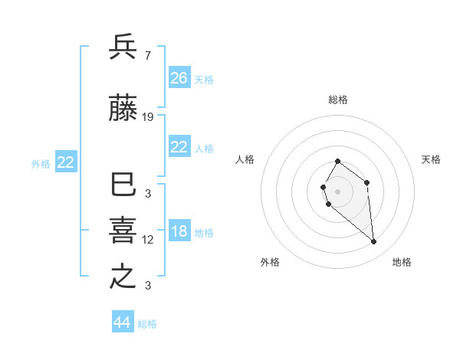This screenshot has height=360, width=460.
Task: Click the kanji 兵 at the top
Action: point(123,47)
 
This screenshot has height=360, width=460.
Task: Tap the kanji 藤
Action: point(123,110)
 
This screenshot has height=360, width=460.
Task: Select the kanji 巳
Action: point(123,185)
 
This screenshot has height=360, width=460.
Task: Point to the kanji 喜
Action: point(123,231)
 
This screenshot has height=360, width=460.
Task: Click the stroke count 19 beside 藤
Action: point(148,117)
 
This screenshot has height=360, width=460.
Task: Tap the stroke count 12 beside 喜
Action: point(148,240)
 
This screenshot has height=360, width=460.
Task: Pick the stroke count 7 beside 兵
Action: point(147,55)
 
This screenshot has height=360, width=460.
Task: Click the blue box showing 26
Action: point(179,78)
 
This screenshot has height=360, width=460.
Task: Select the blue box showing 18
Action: point(179,232)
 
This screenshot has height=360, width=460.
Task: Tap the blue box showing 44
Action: point(123,322)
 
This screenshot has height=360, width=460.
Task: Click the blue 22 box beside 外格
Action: point(66,162)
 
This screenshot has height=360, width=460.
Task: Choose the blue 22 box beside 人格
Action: point(179,147)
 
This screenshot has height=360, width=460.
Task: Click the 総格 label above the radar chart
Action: point(338,100)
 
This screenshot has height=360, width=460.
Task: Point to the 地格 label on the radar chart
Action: point(402,262)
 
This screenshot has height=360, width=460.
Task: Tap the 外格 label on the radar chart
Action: point(270,262)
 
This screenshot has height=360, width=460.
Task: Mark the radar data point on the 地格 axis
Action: point(374,242)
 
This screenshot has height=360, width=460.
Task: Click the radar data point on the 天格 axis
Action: point(367,182)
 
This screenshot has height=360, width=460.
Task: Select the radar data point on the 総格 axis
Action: point(337,161)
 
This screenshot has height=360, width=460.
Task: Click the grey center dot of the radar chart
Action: point(337,191)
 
